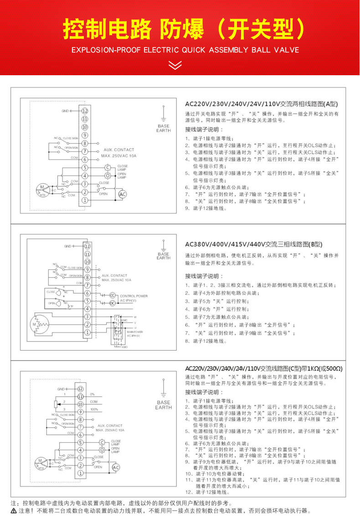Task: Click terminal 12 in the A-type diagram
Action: point(85,110)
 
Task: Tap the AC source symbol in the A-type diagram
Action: point(122,194)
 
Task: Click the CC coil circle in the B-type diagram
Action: point(112,295)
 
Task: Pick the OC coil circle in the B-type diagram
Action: point(112,302)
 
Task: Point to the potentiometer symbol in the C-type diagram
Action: point(56,404)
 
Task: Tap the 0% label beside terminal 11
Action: point(92,394)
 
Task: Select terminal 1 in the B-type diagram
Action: point(87,333)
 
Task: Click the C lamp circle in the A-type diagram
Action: point(108,168)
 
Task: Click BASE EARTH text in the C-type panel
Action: point(163,405)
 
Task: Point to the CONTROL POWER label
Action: point(134,296)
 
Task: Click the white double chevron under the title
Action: point(175,65)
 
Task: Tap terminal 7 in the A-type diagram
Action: point(85,151)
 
